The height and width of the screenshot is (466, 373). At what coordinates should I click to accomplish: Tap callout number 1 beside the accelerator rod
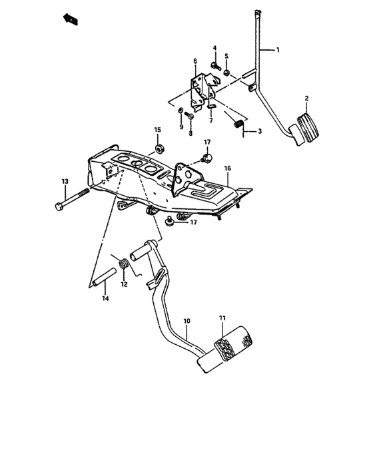point(278,51)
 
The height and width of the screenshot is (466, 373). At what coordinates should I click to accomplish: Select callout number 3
point(260,132)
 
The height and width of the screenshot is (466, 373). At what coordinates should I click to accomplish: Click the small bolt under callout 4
point(215,65)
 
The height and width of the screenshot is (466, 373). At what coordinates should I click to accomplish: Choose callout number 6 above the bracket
point(195,62)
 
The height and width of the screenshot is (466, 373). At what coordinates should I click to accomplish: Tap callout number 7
point(210,120)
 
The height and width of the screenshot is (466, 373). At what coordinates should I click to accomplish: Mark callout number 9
point(181,126)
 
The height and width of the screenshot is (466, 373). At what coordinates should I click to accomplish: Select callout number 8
point(190,132)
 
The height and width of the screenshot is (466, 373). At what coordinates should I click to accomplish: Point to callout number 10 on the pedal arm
point(186,321)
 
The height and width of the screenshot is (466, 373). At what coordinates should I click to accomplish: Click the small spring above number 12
point(123,266)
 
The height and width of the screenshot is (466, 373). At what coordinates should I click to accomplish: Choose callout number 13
point(65,181)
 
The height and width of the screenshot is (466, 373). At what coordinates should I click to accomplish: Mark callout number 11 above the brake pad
point(222,319)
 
